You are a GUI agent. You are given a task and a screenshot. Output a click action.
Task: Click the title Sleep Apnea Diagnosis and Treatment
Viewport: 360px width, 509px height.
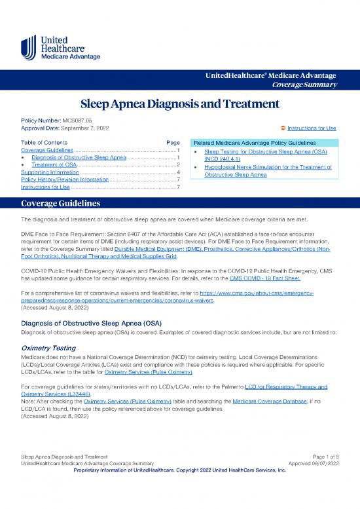(x=180, y=105)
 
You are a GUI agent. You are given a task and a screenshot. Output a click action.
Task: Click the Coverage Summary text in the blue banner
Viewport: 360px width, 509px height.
(x=309, y=84)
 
